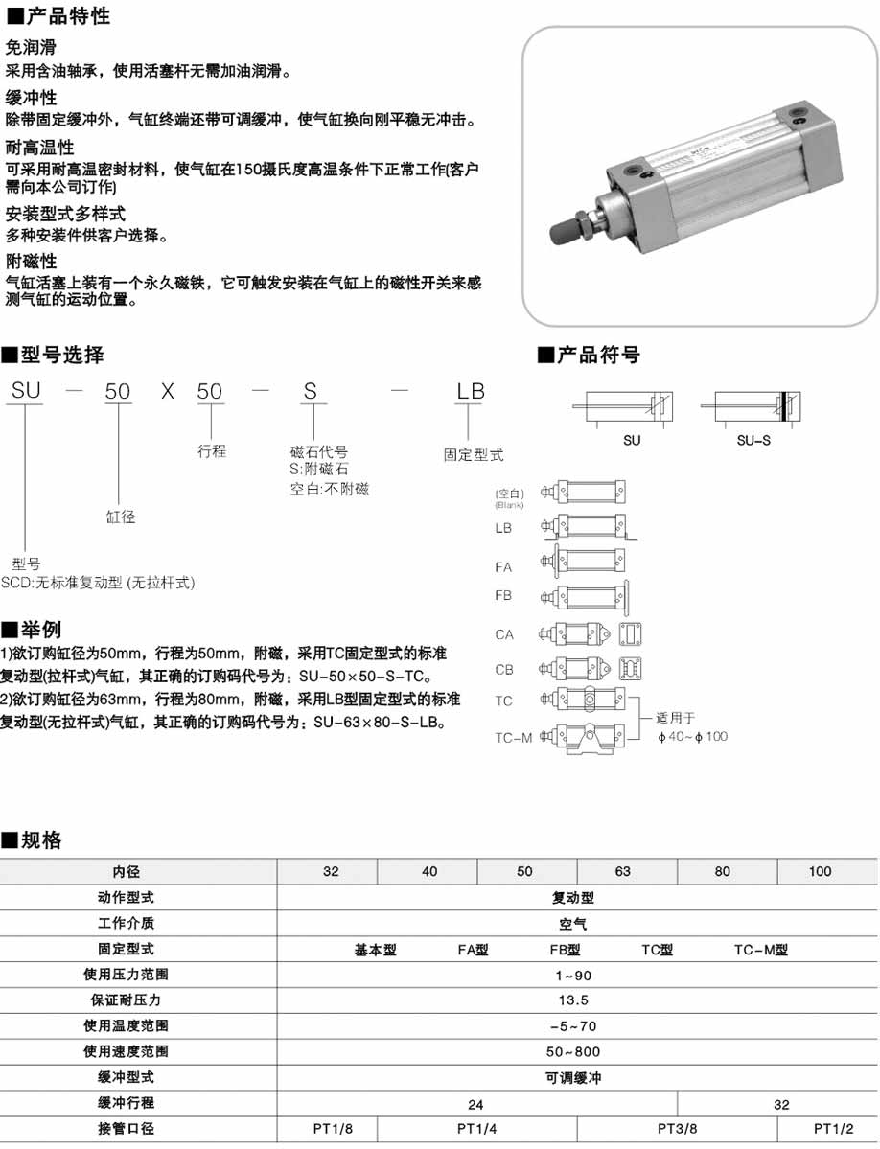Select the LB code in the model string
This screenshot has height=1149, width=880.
[470, 392]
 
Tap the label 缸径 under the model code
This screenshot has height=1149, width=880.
[120, 517]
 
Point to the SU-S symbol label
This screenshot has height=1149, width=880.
[753, 441]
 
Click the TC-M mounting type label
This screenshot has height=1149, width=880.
[513, 738]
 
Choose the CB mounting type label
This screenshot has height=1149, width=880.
[504, 670]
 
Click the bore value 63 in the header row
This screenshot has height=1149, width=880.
[623, 871]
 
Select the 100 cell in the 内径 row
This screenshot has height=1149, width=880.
[820, 871]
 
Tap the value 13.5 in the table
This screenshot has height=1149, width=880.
[573, 1000]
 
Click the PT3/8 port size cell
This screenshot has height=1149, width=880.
[677, 1128]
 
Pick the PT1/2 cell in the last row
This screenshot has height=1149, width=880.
[832, 1128]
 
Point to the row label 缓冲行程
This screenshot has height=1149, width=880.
[126, 1103]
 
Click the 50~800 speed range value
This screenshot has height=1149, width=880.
[573, 1051]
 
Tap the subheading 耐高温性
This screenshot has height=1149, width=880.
[39, 148]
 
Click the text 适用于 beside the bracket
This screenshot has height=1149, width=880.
[675, 717]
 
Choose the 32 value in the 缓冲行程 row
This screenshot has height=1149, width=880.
[781, 1104]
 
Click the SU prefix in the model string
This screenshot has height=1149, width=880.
[26, 392]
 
